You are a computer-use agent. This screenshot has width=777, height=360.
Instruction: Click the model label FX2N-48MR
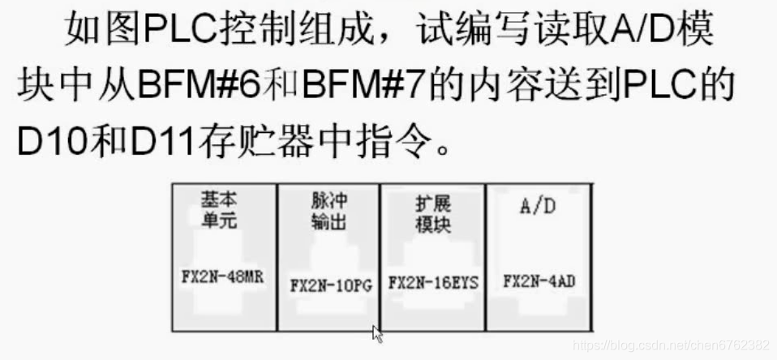point(222,275)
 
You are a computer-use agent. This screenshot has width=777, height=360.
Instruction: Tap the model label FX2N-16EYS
point(433,282)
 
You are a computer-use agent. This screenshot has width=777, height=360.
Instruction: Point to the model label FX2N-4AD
point(539,282)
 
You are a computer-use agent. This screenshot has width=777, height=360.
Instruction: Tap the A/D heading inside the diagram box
point(537,206)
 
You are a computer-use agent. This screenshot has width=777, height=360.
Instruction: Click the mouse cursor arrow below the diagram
point(377,333)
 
